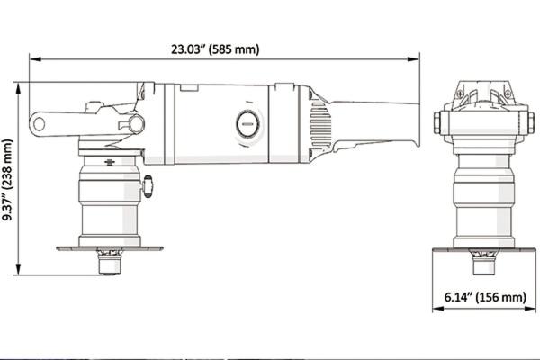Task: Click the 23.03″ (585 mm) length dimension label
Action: (215, 49)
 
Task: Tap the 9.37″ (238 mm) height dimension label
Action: (7, 179)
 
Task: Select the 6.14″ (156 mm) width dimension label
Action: (485, 297)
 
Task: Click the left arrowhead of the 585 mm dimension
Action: (35, 59)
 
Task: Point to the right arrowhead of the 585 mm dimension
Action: (414, 59)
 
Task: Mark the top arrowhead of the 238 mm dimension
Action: (18, 88)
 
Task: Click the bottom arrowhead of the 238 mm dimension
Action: (18, 269)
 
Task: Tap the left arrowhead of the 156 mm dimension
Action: (438, 309)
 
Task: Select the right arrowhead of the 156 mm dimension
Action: (530, 309)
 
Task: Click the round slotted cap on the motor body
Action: (247, 124)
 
